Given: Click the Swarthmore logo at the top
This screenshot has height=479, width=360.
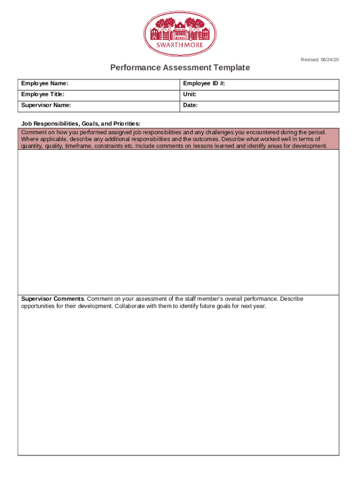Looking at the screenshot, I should pos(180,33).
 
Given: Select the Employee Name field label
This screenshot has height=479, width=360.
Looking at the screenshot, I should pos(44,84).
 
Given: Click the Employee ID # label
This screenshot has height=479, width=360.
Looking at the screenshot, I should pos(204,84).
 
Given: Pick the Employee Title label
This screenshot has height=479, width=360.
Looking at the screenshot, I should pos(43,94).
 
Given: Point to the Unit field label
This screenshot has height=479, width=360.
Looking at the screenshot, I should pos(189,94).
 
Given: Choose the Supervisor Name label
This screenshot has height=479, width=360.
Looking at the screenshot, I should pos(46,105).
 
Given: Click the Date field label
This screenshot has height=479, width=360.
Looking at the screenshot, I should pos(190,105).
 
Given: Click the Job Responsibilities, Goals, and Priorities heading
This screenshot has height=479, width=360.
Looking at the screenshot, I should pos(80,123).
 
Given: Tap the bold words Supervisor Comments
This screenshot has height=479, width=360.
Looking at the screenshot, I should pos(52,299).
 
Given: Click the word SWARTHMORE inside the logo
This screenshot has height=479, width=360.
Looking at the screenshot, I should pos(180,45).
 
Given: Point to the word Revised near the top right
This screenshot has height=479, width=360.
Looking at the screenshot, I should pos(310,60).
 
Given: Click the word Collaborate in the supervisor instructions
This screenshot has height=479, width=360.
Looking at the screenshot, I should pos(130,306).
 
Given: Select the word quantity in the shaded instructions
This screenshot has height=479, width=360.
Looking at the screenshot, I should pos(32,146).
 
